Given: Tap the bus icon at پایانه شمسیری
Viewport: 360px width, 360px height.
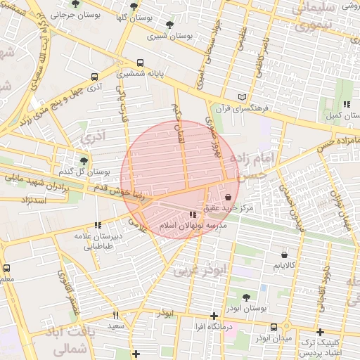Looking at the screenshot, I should [141, 62].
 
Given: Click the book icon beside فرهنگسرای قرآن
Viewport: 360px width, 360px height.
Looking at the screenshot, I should [243, 96].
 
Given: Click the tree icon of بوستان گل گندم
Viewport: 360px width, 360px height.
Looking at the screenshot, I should [84, 161].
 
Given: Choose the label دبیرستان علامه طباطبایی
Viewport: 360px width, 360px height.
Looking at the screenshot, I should [99, 241].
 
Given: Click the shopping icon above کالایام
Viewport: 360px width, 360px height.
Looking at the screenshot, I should [284, 255].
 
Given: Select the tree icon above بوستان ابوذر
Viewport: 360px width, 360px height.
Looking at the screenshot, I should [245, 297].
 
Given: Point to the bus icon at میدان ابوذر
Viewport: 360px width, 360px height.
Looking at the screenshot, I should [274, 327].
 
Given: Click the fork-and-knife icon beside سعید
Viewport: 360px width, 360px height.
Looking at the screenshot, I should [116, 316].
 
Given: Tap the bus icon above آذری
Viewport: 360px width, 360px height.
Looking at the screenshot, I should [94, 77].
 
